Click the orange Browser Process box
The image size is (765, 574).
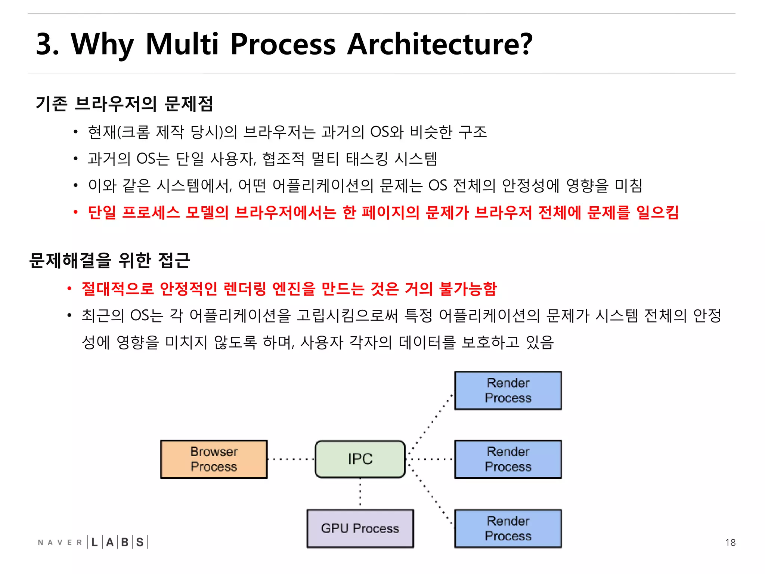click(214, 459)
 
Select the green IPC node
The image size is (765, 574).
click(360, 459)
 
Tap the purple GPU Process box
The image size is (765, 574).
click(360, 528)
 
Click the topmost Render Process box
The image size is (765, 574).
click(508, 390)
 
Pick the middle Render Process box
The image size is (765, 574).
click(508, 459)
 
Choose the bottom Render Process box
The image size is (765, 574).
click(508, 528)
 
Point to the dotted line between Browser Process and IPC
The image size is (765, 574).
click(291, 459)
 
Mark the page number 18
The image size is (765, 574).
click(730, 542)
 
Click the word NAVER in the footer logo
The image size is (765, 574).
click(60, 542)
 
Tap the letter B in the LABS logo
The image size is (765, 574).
click(125, 542)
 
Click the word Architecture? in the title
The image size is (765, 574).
click(439, 44)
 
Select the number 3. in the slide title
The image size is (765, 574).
click(47, 44)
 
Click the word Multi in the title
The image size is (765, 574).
click(182, 44)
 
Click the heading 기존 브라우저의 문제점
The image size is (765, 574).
click(124, 104)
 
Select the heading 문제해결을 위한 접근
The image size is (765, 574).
click(110, 260)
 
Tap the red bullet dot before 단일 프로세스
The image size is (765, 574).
click(75, 213)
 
